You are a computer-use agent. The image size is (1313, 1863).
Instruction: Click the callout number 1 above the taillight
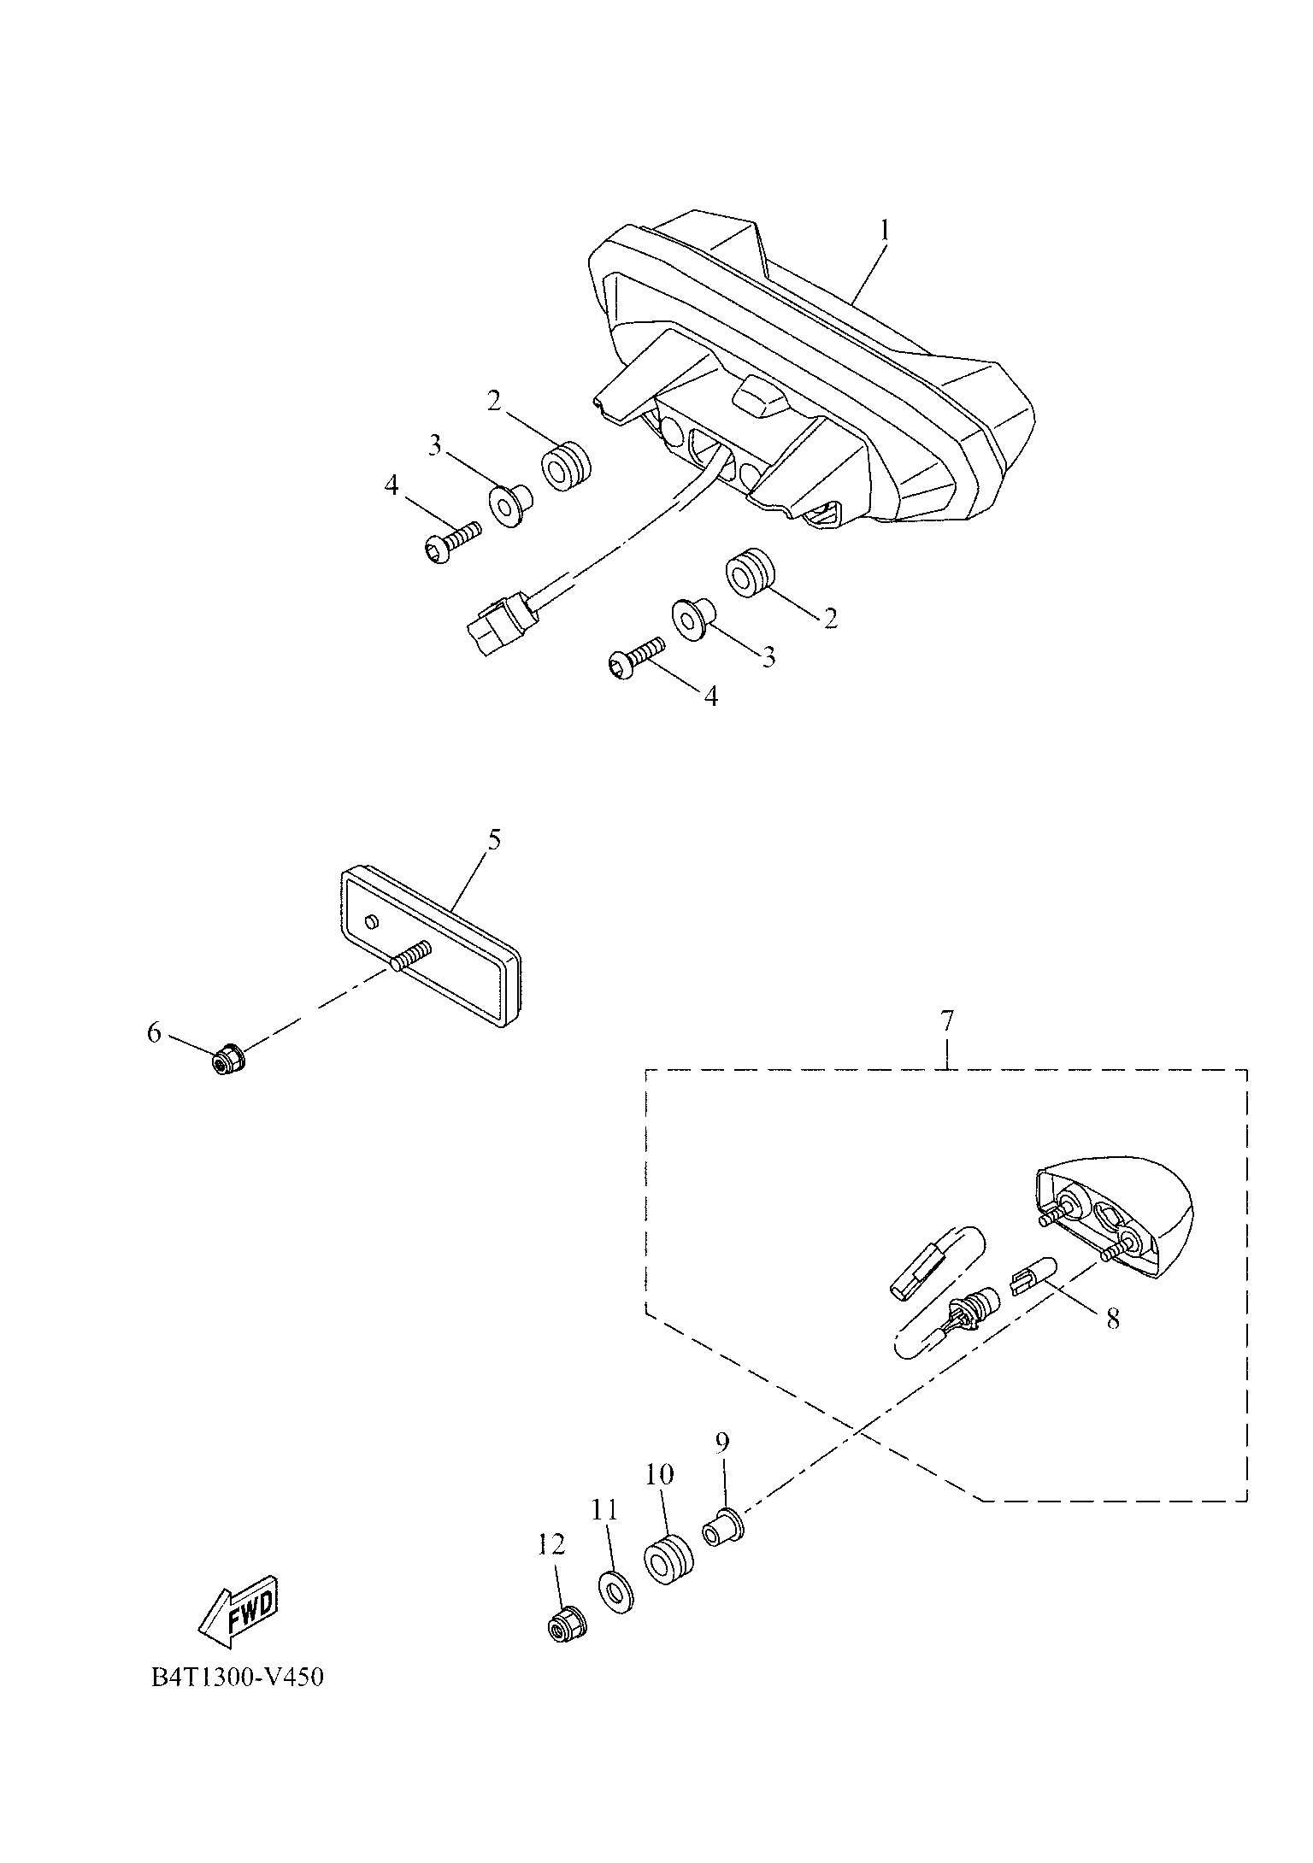coord(886,231)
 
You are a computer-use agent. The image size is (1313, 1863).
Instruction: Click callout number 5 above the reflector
coord(494,839)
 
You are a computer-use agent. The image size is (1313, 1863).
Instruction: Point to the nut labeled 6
coord(227,1061)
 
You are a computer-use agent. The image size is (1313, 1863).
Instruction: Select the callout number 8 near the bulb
coord(1112,1343)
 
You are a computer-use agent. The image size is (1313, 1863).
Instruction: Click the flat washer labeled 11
coord(614,1591)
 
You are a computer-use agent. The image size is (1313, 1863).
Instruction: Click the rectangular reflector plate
coord(432,944)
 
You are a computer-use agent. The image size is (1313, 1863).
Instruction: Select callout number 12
coord(551,1544)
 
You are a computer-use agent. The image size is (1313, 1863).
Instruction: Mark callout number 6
coord(154,1033)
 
